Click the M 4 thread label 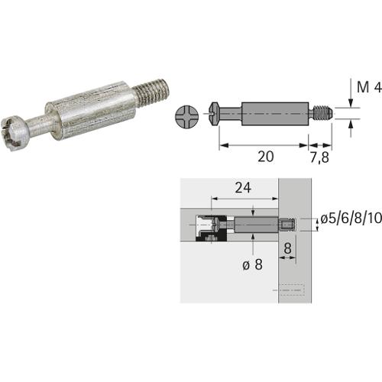click(369, 87)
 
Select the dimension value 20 click(266, 157)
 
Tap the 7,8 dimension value click(319, 157)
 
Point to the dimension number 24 click(243, 188)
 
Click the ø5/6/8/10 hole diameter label click(351, 219)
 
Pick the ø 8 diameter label click(252, 265)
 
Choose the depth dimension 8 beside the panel click(287, 248)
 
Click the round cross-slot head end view click(187, 116)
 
